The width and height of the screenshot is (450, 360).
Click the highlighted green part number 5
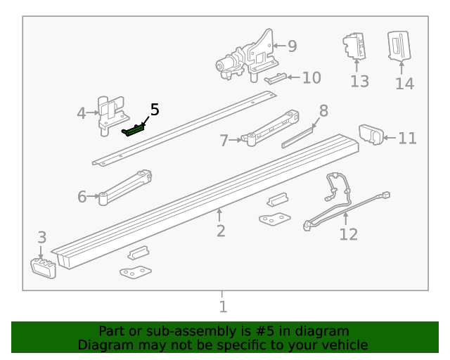click(134, 129)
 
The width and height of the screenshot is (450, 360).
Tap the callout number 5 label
click(155, 110)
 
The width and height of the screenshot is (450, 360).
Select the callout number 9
click(292, 46)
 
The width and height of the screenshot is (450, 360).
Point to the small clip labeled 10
click(276, 78)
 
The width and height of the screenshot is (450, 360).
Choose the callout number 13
click(359, 82)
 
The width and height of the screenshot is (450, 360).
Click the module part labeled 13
click(355, 46)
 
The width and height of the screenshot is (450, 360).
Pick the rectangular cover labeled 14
click(399, 46)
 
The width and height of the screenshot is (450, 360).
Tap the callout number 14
click(404, 84)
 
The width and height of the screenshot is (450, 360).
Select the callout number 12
click(348, 234)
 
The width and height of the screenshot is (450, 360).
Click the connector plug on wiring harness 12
click(385, 196)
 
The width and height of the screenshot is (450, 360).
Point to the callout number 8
click(323, 110)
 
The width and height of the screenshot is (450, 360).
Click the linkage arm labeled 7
click(271, 126)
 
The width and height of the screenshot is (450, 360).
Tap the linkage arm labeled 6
click(127, 186)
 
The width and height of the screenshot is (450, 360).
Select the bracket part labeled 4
click(109, 112)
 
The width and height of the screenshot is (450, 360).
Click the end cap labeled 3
click(44, 267)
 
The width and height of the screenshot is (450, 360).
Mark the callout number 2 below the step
click(221, 231)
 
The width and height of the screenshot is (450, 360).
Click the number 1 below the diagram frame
click(223, 307)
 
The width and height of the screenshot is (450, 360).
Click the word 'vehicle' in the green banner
click(342, 345)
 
